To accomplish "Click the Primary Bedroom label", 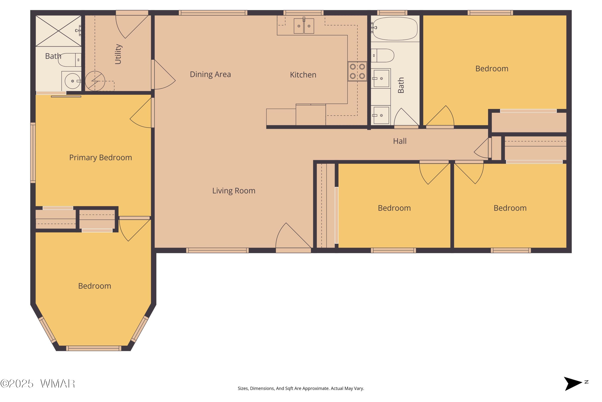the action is click(x=101, y=157).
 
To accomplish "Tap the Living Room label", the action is click(x=234, y=191).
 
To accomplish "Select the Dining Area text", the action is click(x=210, y=74).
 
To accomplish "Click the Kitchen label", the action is click(x=303, y=75).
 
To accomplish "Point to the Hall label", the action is click(x=400, y=141).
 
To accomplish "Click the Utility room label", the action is click(x=118, y=54).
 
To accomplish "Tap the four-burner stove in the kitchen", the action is click(x=357, y=71).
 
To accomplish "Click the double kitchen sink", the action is click(x=304, y=26).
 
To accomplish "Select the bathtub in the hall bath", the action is click(x=395, y=29).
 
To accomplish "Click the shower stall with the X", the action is click(x=58, y=31).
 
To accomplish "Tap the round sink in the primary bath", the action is click(x=72, y=81).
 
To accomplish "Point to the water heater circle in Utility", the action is click(x=95, y=81).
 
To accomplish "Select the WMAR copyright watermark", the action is click(x=38, y=384).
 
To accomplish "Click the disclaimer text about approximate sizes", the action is click(x=301, y=388).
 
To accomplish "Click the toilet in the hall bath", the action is click(x=382, y=56).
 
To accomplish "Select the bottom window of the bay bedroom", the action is click(x=94, y=348).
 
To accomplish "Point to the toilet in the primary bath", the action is click(x=70, y=60).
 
